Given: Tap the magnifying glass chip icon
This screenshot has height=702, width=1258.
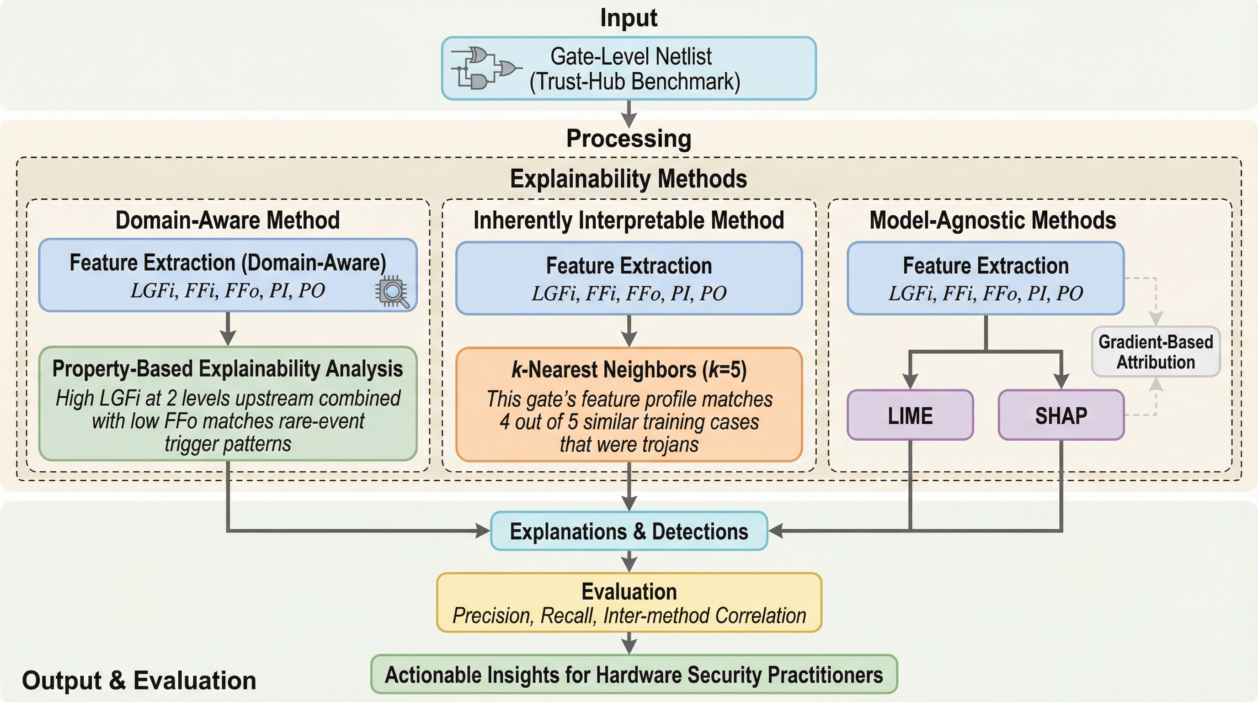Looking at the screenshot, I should (x=392, y=292).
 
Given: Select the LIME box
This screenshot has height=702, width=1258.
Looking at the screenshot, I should (x=910, y=415).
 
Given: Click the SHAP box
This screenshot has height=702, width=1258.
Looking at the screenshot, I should (x=1061, y=415).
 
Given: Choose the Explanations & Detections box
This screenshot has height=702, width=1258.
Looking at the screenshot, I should (x=629, y=531).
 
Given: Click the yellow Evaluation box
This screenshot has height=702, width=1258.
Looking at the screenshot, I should (x=629, y=603).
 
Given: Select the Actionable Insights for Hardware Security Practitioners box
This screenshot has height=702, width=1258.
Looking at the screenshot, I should (x=634, y=675).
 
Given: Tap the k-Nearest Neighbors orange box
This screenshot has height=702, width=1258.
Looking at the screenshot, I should (x=629, y=404).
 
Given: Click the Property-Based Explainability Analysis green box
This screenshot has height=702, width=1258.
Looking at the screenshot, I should (x=228, y=404).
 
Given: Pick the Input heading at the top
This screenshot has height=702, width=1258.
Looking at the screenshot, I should (x=629, y=18).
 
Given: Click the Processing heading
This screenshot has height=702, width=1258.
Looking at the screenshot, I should (x=629, y=138).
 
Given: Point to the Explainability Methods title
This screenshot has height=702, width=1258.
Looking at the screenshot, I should (x=629, y=179).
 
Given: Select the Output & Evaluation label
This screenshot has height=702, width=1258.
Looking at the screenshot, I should (x=139, y=681).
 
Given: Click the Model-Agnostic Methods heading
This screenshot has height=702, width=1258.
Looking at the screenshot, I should (x=992, y=220).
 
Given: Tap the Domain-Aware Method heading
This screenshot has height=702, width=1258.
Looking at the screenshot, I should (x=228, y=220).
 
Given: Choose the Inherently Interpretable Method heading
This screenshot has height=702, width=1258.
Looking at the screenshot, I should (x=629, y=220).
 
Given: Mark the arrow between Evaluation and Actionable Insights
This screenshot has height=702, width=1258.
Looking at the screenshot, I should (x=629, y=643).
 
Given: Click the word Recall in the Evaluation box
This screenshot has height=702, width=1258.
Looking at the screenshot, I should (x=568, y=616).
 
